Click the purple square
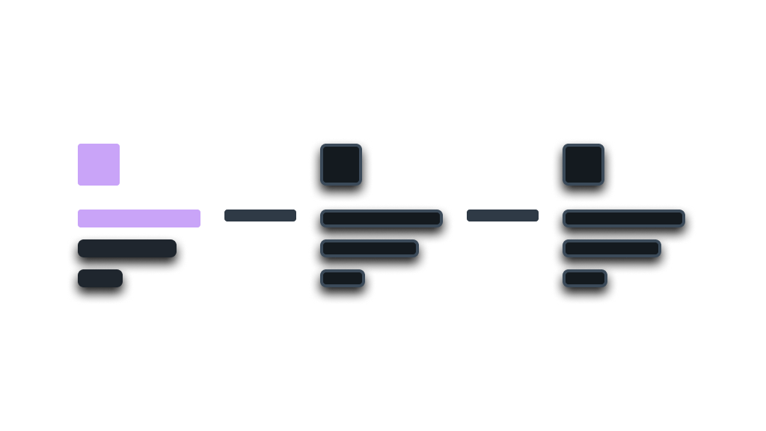(99, 165)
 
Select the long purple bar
(139, 218)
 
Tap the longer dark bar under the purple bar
(127, 248)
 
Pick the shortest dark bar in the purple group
(100, 278)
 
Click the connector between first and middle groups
(260, 215)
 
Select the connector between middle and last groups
(503, 215)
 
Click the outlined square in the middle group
(341, 165)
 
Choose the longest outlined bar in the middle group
(382, 218)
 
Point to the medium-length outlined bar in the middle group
(370, 248)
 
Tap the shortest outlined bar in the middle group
(343, 278)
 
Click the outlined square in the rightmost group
(583, 165)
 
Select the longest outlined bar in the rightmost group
(624, 218)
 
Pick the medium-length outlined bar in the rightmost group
(612, 248)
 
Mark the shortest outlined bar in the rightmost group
(585, 278)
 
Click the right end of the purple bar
(197, 218)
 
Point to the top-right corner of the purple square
(117, 146)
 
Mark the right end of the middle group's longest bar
(439, 218)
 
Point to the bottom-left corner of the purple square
(80, 183)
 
